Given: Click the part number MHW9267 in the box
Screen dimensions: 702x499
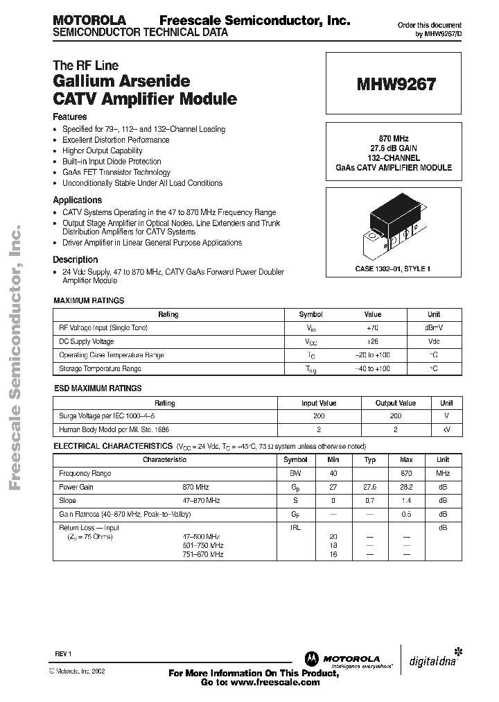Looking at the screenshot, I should (x=396, y=85).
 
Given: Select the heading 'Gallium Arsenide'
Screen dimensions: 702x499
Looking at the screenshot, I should (x=121, y=81).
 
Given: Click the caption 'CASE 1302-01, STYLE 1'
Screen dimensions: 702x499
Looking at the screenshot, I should (x=393, y=268).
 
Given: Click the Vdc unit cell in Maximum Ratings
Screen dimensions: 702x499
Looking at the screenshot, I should (x=433, y=341).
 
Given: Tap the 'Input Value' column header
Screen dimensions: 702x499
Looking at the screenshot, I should (x=319, y=402).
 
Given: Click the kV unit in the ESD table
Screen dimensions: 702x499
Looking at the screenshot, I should (x=446, y=430).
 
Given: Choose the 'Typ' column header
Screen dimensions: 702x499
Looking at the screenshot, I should (x=370, y=459).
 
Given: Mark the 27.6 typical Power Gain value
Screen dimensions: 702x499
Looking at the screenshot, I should (x=370, y=487).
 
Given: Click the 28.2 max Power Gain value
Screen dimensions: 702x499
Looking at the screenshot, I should (x=406, y=487).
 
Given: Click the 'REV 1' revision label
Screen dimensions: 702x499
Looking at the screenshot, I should (x=63, y=654).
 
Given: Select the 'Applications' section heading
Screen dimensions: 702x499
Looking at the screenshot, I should (x=77, y=200).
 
